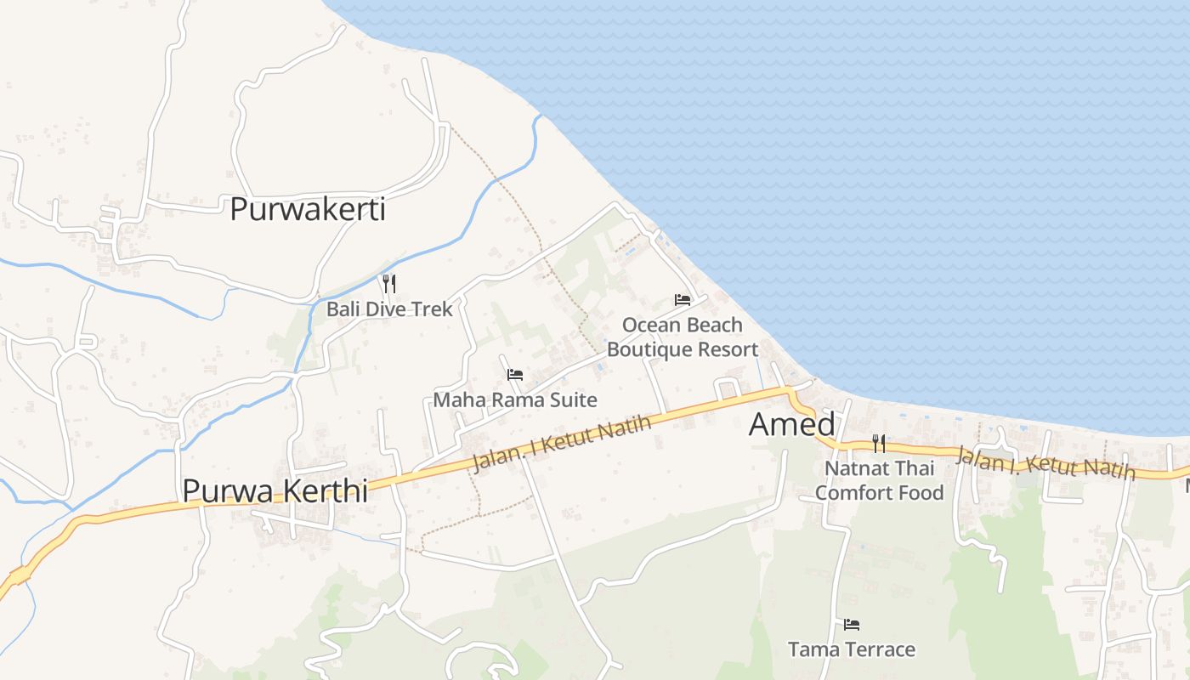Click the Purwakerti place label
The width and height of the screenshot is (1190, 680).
[x=308, y=209]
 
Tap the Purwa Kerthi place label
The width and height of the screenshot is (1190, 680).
[x=275, y=490]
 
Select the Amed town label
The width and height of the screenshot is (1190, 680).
[x=792, y=425]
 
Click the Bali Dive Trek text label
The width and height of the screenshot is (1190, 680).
[x=389, y=309]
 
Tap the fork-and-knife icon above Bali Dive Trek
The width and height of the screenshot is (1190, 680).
[x=389, y=283]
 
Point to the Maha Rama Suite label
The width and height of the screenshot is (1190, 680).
[x=515, y=399]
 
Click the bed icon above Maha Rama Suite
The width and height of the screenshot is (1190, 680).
[x=515, y=374]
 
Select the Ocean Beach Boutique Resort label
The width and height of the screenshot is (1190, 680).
[x=683, y=337]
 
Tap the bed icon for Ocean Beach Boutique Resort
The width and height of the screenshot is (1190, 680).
[x=683, y=299]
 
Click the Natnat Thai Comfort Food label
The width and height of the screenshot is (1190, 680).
[x=879, y=480]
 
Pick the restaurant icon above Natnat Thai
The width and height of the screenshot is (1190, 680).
[x=879, y=443]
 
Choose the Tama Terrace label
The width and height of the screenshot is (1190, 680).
[x=852, y=649]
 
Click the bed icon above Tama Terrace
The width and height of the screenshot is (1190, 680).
[x=852, y=625]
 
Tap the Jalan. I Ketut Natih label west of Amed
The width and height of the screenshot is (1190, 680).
[x=561, y=442]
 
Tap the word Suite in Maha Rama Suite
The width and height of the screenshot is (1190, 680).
[x=573, y=399]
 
